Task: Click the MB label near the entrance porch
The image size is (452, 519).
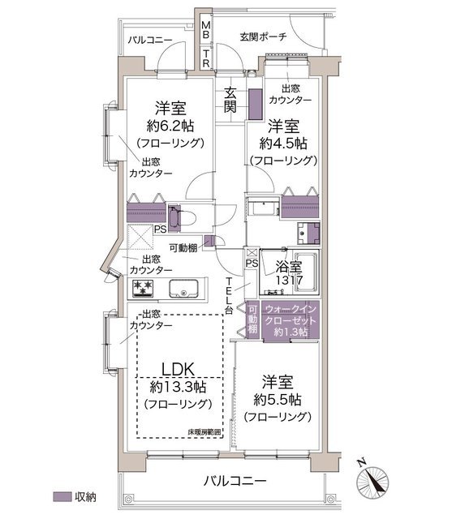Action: point(205,29)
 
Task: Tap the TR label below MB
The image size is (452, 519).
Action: point(205,58)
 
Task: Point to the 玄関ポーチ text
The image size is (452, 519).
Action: point(263,36)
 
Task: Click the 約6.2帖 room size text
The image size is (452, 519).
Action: point(170,126)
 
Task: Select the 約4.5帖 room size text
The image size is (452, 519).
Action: point(283,144)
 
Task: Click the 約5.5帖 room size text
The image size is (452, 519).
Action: point(278,400)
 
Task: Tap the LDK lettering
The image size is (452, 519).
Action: point(178,370)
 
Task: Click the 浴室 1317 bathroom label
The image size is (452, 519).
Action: point(289,273)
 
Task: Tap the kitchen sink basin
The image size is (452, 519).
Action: point(183,289)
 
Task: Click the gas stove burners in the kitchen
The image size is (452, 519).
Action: point(143,288)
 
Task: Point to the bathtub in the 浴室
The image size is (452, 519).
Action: point(306,272)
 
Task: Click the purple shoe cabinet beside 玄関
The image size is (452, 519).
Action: point(256,104)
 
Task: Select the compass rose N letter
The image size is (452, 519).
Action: point(361,462)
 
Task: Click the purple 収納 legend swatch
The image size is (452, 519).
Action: point(62,496)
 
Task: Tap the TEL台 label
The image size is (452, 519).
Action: point(229,296)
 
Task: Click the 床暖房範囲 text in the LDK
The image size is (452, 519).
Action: point(204,432)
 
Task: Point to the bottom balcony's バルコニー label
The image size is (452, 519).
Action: point(235,480)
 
